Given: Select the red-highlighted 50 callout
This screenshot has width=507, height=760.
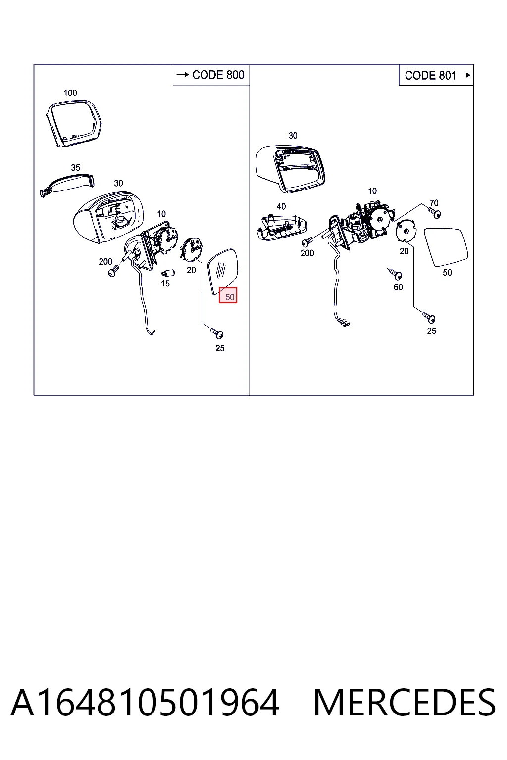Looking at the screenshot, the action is (228, 295).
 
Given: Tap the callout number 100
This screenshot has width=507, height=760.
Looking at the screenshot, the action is (70, 93).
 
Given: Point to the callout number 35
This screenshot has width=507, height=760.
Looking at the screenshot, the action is (75, 168).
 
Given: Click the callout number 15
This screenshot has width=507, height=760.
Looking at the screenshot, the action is (165, 284).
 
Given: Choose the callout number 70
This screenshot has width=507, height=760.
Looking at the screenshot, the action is (434, 203).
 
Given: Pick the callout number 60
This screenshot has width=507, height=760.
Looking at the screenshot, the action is (398, 287).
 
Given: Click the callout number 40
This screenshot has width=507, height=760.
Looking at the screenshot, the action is (281, 206).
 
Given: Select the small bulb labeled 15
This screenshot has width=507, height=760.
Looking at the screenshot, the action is (168, 273).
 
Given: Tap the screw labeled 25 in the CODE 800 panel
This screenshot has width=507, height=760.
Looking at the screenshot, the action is (217, 333).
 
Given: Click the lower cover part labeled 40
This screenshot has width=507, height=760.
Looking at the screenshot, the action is (282, 228).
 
